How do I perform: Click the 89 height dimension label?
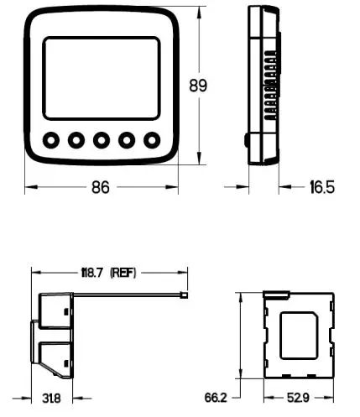(x=199, y=86)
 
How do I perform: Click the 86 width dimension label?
(x=100, y=188)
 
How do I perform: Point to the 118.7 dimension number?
(x=91, y=273)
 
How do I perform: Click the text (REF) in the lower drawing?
(x=123, y=273)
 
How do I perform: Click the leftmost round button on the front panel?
(x=51, y=139)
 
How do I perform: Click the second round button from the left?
(x=76, y=139)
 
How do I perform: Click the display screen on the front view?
(x=101, y=78)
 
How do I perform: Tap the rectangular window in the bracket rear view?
(x=299, y=336)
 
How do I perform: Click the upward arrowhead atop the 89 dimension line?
(x=199, y=13)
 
